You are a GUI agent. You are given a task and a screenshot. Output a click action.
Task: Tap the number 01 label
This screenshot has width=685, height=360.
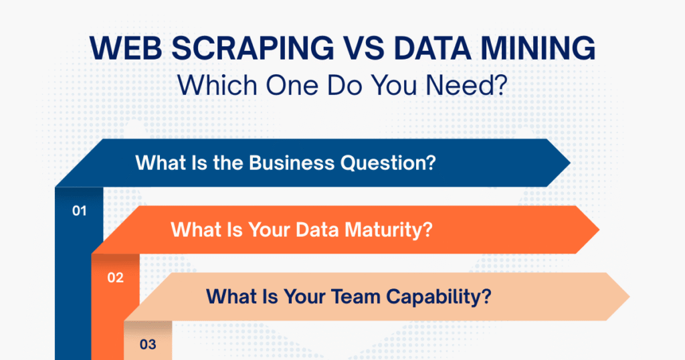(80, 211)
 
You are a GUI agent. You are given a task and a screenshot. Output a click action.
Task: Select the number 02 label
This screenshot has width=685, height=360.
(115, 278)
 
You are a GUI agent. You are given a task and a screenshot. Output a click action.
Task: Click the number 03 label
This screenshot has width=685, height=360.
(148, 345)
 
